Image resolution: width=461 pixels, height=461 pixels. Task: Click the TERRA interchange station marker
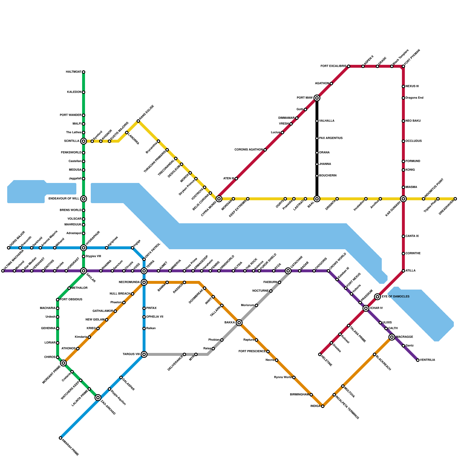click(x=144, y=271)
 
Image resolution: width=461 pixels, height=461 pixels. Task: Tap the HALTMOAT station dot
click(x=84, y=72)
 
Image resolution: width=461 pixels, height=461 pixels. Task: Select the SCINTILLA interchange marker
click(x=84, y=141)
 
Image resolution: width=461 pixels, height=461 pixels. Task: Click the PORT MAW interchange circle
click(x=317, y=98)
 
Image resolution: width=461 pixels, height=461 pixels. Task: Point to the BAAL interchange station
click(x=317, y=199)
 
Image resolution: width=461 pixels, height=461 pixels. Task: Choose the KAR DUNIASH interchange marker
click(x=403, y=199)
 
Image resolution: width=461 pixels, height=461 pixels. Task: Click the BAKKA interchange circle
click(x=239, y=323)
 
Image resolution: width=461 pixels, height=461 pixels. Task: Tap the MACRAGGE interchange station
click(x=392, y=337)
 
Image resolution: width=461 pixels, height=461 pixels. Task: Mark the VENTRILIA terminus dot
click(x=418, y=360)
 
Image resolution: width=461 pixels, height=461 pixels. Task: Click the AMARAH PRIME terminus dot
click(x=61, y=438)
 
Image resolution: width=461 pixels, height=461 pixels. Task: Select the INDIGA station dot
click(x=323, y=406)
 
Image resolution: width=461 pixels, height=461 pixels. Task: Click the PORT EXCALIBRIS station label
click(x=333, y=66)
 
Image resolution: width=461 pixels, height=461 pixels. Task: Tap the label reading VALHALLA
click(x=327, y=121)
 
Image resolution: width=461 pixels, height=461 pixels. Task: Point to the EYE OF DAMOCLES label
click(x=396, y=296)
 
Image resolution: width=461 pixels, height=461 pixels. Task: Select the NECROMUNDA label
click(x=129, y=282)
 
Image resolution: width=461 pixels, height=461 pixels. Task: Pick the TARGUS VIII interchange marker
click(x=144, y=354)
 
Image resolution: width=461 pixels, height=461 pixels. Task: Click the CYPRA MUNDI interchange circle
click(x=219, y=199)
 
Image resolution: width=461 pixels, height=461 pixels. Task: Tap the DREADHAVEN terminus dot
click(x=455, y=199)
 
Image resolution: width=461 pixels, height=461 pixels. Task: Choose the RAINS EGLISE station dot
click(x=138, y=121)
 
